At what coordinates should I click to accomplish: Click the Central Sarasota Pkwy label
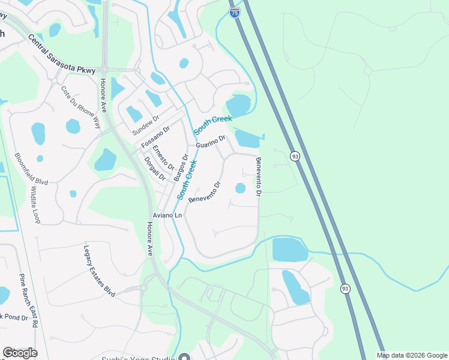point(61,54)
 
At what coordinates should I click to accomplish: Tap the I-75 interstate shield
point(235,13)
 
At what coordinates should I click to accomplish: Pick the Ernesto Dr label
point(163,157)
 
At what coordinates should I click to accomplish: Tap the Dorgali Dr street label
point(154,168)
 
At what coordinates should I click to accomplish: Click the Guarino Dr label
point(210,142)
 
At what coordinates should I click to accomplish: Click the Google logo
point(20,353)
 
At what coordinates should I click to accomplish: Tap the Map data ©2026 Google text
point(412,355)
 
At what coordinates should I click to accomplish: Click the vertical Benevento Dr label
point(259,176)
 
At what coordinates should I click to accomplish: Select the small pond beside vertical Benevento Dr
point(240,188)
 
